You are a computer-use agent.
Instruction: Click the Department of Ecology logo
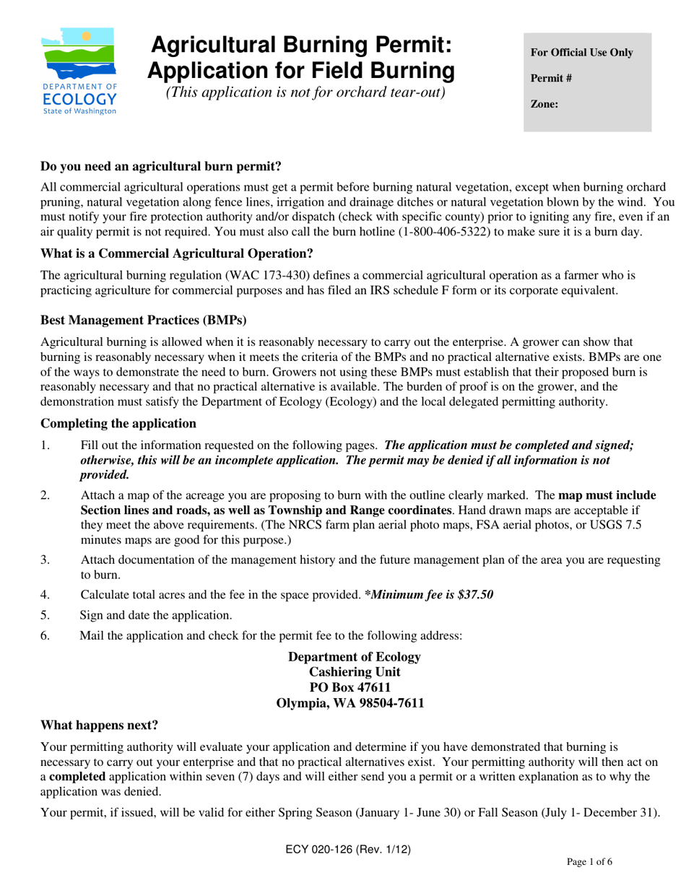(79, 71)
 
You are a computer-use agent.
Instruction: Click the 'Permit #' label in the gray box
(551, 78)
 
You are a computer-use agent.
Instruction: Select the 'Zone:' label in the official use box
(544, 104)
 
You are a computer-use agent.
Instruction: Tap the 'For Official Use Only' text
(581, 53)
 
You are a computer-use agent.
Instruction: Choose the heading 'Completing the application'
(118, 423)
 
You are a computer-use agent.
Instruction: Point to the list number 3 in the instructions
(45, 560)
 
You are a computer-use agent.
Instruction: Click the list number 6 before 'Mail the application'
(45, 635)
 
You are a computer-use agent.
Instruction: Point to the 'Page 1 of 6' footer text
(589, 861)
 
